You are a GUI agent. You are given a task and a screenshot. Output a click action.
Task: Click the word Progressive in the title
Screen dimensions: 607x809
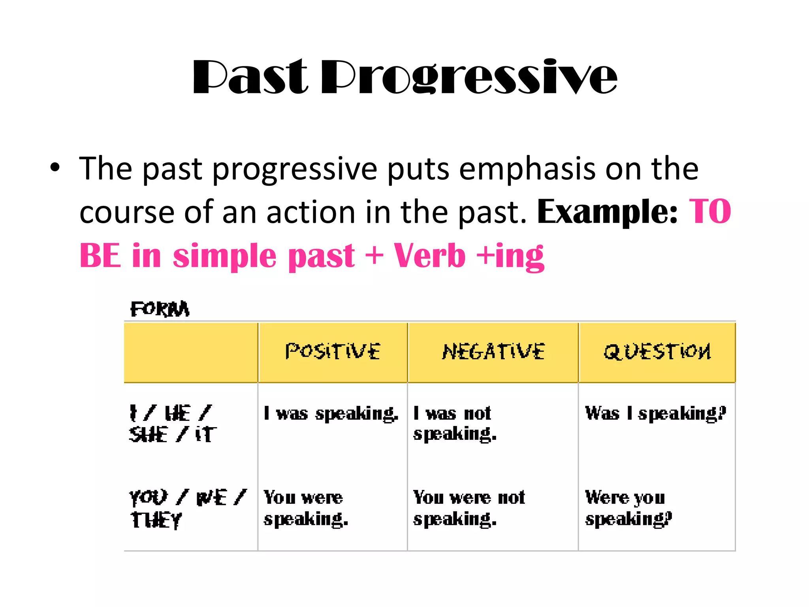(469, 77)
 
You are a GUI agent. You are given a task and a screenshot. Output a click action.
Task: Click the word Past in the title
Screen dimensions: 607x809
(250, 77)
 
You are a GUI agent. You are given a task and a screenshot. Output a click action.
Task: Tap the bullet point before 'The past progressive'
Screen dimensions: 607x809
(55, 168)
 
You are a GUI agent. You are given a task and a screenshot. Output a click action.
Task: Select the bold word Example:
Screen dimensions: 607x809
(607, 212)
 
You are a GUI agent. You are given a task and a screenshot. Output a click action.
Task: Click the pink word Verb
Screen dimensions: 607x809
(429, 256)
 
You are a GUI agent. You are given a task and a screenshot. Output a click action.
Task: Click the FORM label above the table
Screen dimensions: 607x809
(160, 309)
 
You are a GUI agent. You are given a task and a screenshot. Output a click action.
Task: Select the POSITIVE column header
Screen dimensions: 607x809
(333, 351)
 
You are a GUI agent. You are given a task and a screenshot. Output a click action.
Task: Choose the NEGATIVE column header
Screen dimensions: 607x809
(493, 351)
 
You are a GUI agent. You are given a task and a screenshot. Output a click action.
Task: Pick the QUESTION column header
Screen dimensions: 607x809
(657, 351)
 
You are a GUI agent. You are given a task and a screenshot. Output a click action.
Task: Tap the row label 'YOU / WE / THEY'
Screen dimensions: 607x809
(187, 508)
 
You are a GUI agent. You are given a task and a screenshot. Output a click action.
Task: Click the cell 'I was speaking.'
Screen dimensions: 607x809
(331, 414)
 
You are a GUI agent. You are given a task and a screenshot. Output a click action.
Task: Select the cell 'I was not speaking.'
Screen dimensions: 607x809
(454, 424)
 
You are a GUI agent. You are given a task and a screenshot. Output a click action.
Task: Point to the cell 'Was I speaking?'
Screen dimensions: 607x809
(655, 414)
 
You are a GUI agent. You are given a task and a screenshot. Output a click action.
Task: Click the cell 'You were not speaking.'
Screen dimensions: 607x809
(468, 508)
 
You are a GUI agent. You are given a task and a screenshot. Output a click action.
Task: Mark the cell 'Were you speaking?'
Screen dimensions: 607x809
(628, 508)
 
